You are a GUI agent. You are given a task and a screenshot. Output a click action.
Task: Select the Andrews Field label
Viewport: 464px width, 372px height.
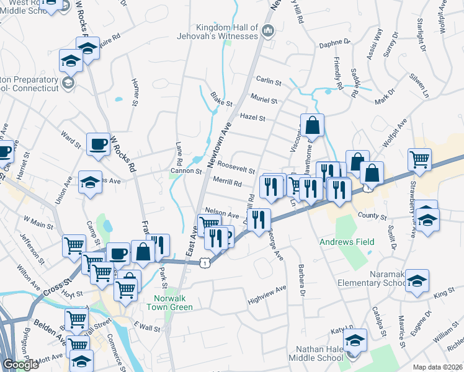coord(347,242)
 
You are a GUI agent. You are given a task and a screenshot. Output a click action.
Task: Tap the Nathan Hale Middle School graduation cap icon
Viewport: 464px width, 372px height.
coord(355,340)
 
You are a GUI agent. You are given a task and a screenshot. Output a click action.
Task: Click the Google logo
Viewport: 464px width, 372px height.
coord(21,365)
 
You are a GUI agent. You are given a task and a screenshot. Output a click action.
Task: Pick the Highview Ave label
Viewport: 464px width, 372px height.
coord(267,289)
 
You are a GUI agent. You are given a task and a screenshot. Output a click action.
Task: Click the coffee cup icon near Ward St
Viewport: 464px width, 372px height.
coord(98,144)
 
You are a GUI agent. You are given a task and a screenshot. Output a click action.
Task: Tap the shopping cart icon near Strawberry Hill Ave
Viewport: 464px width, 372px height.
coord(420,159)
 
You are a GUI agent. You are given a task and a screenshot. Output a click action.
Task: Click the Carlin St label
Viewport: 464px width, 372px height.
coord(269,81)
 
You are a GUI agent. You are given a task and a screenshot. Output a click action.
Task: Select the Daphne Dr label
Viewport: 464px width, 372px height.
coord(335,45)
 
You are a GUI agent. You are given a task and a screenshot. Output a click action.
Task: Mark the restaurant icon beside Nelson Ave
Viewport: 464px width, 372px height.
coord(259,219)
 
